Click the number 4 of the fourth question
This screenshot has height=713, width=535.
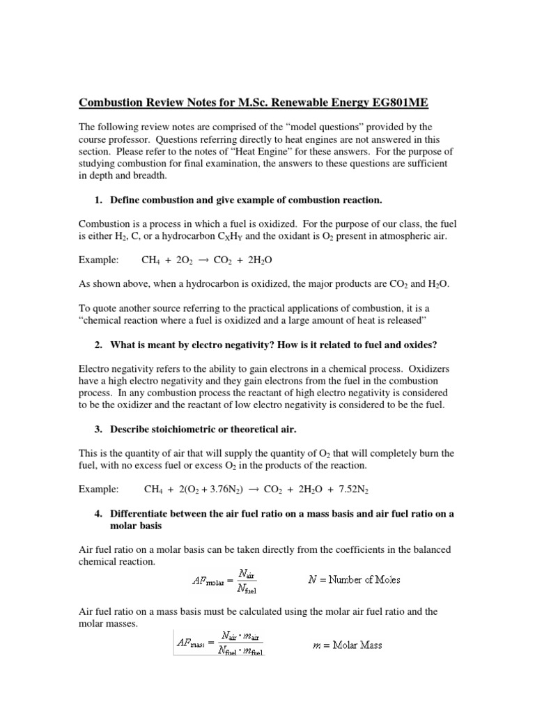click(96, 513)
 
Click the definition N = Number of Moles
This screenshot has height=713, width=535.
click(355, 579)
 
